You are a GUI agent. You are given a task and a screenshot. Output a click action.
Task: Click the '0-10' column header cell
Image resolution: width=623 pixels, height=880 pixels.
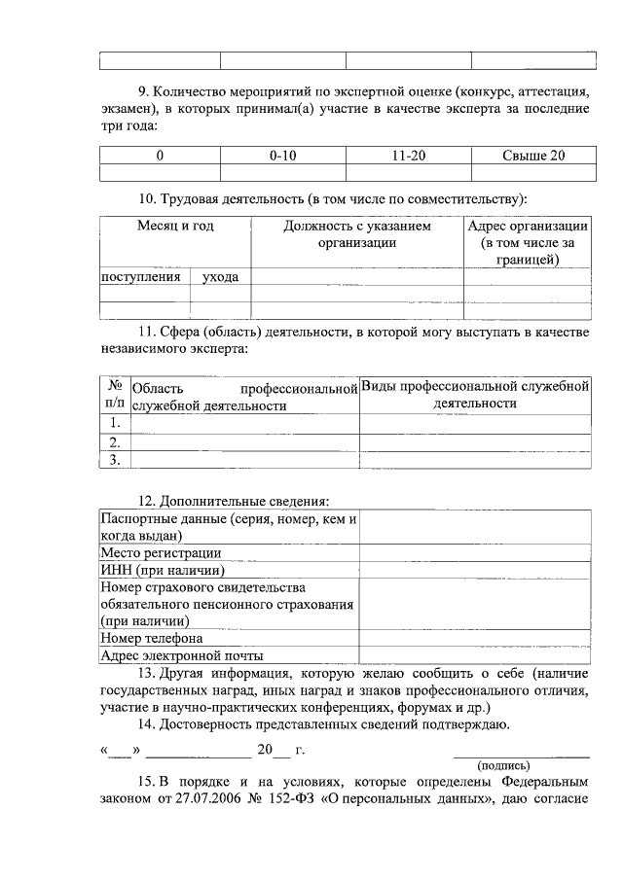tap(283, 156)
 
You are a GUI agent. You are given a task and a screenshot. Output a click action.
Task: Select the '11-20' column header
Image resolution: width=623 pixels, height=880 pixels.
tap(409, 156)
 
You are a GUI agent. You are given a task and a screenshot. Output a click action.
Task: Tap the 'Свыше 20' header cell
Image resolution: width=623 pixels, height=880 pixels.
tap(533, 156)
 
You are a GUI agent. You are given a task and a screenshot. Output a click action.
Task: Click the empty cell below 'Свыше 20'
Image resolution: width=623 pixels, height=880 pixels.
tap(533, 173)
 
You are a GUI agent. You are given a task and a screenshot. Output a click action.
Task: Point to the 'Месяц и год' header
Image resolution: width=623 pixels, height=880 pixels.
tap(175, 226)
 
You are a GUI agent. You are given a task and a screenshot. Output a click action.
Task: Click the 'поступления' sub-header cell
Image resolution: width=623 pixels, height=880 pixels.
tap(142, 277)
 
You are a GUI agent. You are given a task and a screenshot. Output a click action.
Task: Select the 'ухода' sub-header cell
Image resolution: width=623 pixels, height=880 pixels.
tap(220, 277)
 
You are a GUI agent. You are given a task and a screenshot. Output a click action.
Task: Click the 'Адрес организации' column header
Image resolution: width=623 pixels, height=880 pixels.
tap(527, 242)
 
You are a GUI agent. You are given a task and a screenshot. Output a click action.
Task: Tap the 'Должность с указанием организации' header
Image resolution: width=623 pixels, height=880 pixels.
tap(357, 234)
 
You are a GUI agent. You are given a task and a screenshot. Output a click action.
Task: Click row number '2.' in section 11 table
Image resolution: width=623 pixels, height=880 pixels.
tap(114, 441)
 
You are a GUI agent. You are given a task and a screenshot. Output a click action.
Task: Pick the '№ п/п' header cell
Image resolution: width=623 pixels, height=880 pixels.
tap(114, 394)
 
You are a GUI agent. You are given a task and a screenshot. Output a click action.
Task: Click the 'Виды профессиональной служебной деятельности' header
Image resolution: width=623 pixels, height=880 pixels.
tap(475, 394)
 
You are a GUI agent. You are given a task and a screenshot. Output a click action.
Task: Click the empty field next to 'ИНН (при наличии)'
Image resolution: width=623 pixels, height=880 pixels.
tap(475, 571)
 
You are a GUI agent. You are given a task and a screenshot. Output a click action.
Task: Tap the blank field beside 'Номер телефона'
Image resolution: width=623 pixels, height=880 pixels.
tap(475, 639)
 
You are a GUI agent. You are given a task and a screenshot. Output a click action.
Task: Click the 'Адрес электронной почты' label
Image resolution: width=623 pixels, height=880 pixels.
tap(182, 656)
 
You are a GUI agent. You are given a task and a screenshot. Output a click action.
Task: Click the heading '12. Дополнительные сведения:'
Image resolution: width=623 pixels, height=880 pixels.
tap(233, 502)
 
